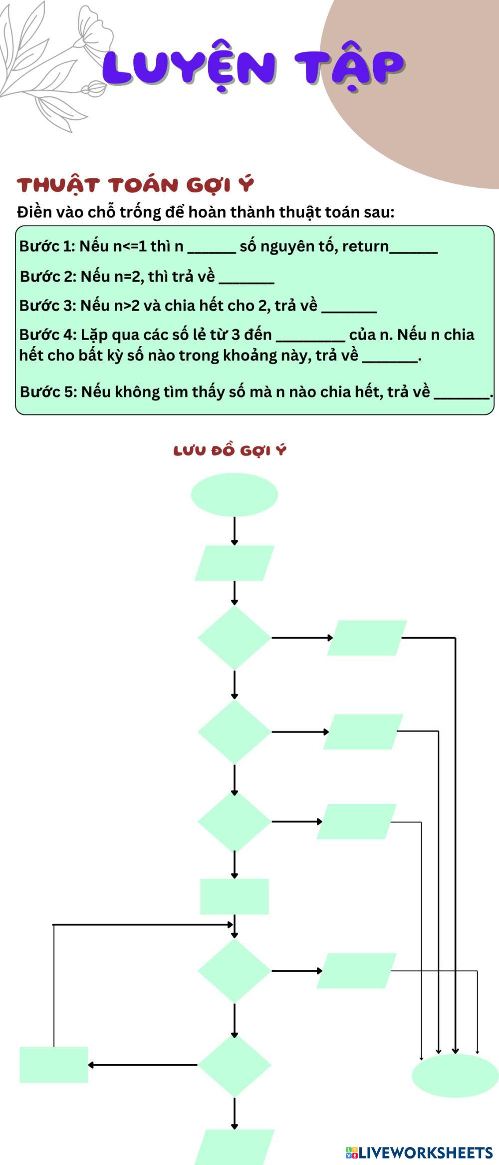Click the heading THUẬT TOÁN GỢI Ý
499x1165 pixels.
[x=135, y=185]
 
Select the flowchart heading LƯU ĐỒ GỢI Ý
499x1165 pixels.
[x=230, y=450]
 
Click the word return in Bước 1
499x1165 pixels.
[x=365, y=246]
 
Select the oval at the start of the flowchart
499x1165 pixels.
[x=234, y=494]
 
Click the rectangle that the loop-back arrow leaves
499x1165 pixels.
[x=54, y=1065]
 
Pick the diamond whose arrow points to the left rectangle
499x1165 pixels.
[x=234, y=1065]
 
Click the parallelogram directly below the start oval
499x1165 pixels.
[x=234, y=563]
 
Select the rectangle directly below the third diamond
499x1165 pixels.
[x=234, y=896]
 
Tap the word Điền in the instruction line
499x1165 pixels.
[x=34, y=212]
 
